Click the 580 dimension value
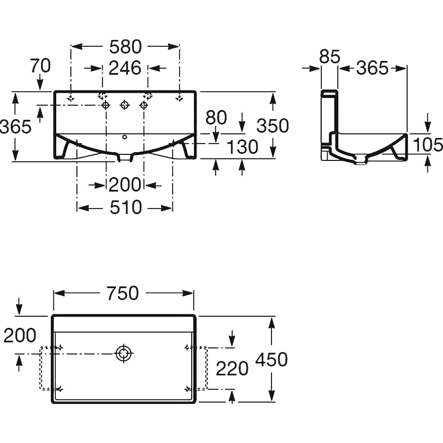tap(125, 47)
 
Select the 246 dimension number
tap(125, 68)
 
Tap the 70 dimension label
tap(40, 66)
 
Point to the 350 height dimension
tap(273, 126)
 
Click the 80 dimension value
tap(216, 118)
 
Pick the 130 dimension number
tap(242, 147)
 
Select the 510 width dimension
tap(126, 207)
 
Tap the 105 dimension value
tap(428, 145)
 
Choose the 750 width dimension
tap(123, 293)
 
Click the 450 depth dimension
tap(271, 359)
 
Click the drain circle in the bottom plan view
tap(124, 353)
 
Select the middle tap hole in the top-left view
tap(125, 105)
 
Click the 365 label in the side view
tap(372, 68)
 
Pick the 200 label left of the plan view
tap(20, 335)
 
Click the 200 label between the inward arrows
tap(125, 185)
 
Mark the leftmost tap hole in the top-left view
tap(106, 105)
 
